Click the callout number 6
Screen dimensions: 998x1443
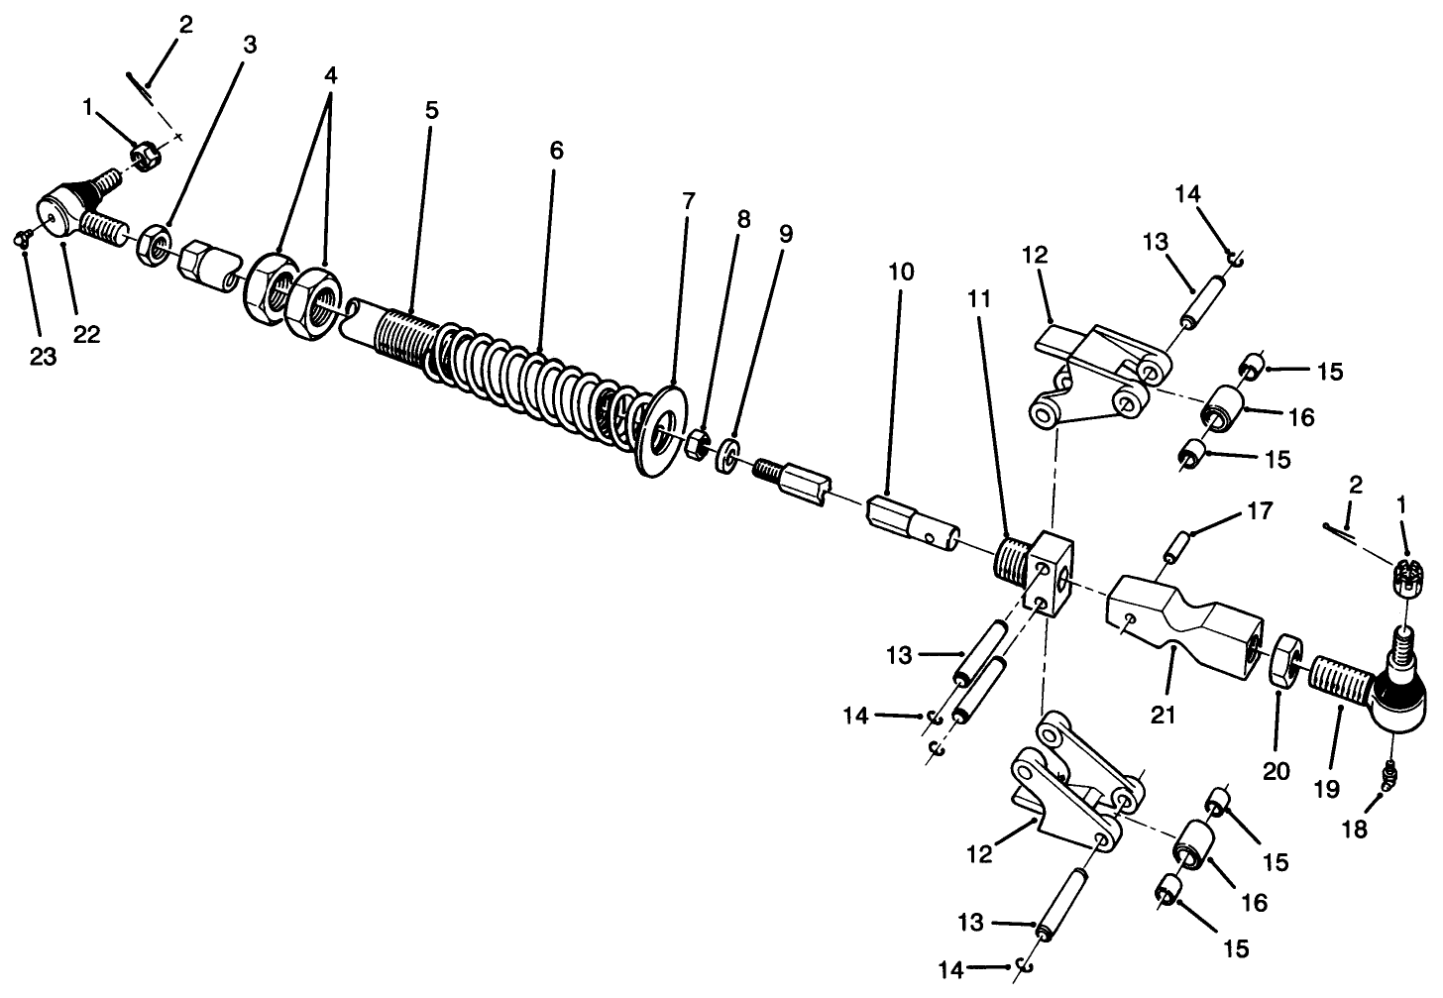pos(556,151)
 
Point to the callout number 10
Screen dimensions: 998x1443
pos(901,271)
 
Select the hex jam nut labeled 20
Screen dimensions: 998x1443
pos(1284,660)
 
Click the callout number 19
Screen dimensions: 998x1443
pos(1326,789)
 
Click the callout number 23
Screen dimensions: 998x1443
pos(43,357)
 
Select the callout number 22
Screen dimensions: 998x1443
pos(86,334)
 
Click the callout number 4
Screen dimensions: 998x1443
pos(330,75)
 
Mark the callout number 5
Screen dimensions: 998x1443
pos(431,110)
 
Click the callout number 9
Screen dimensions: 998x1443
pos(785,235)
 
